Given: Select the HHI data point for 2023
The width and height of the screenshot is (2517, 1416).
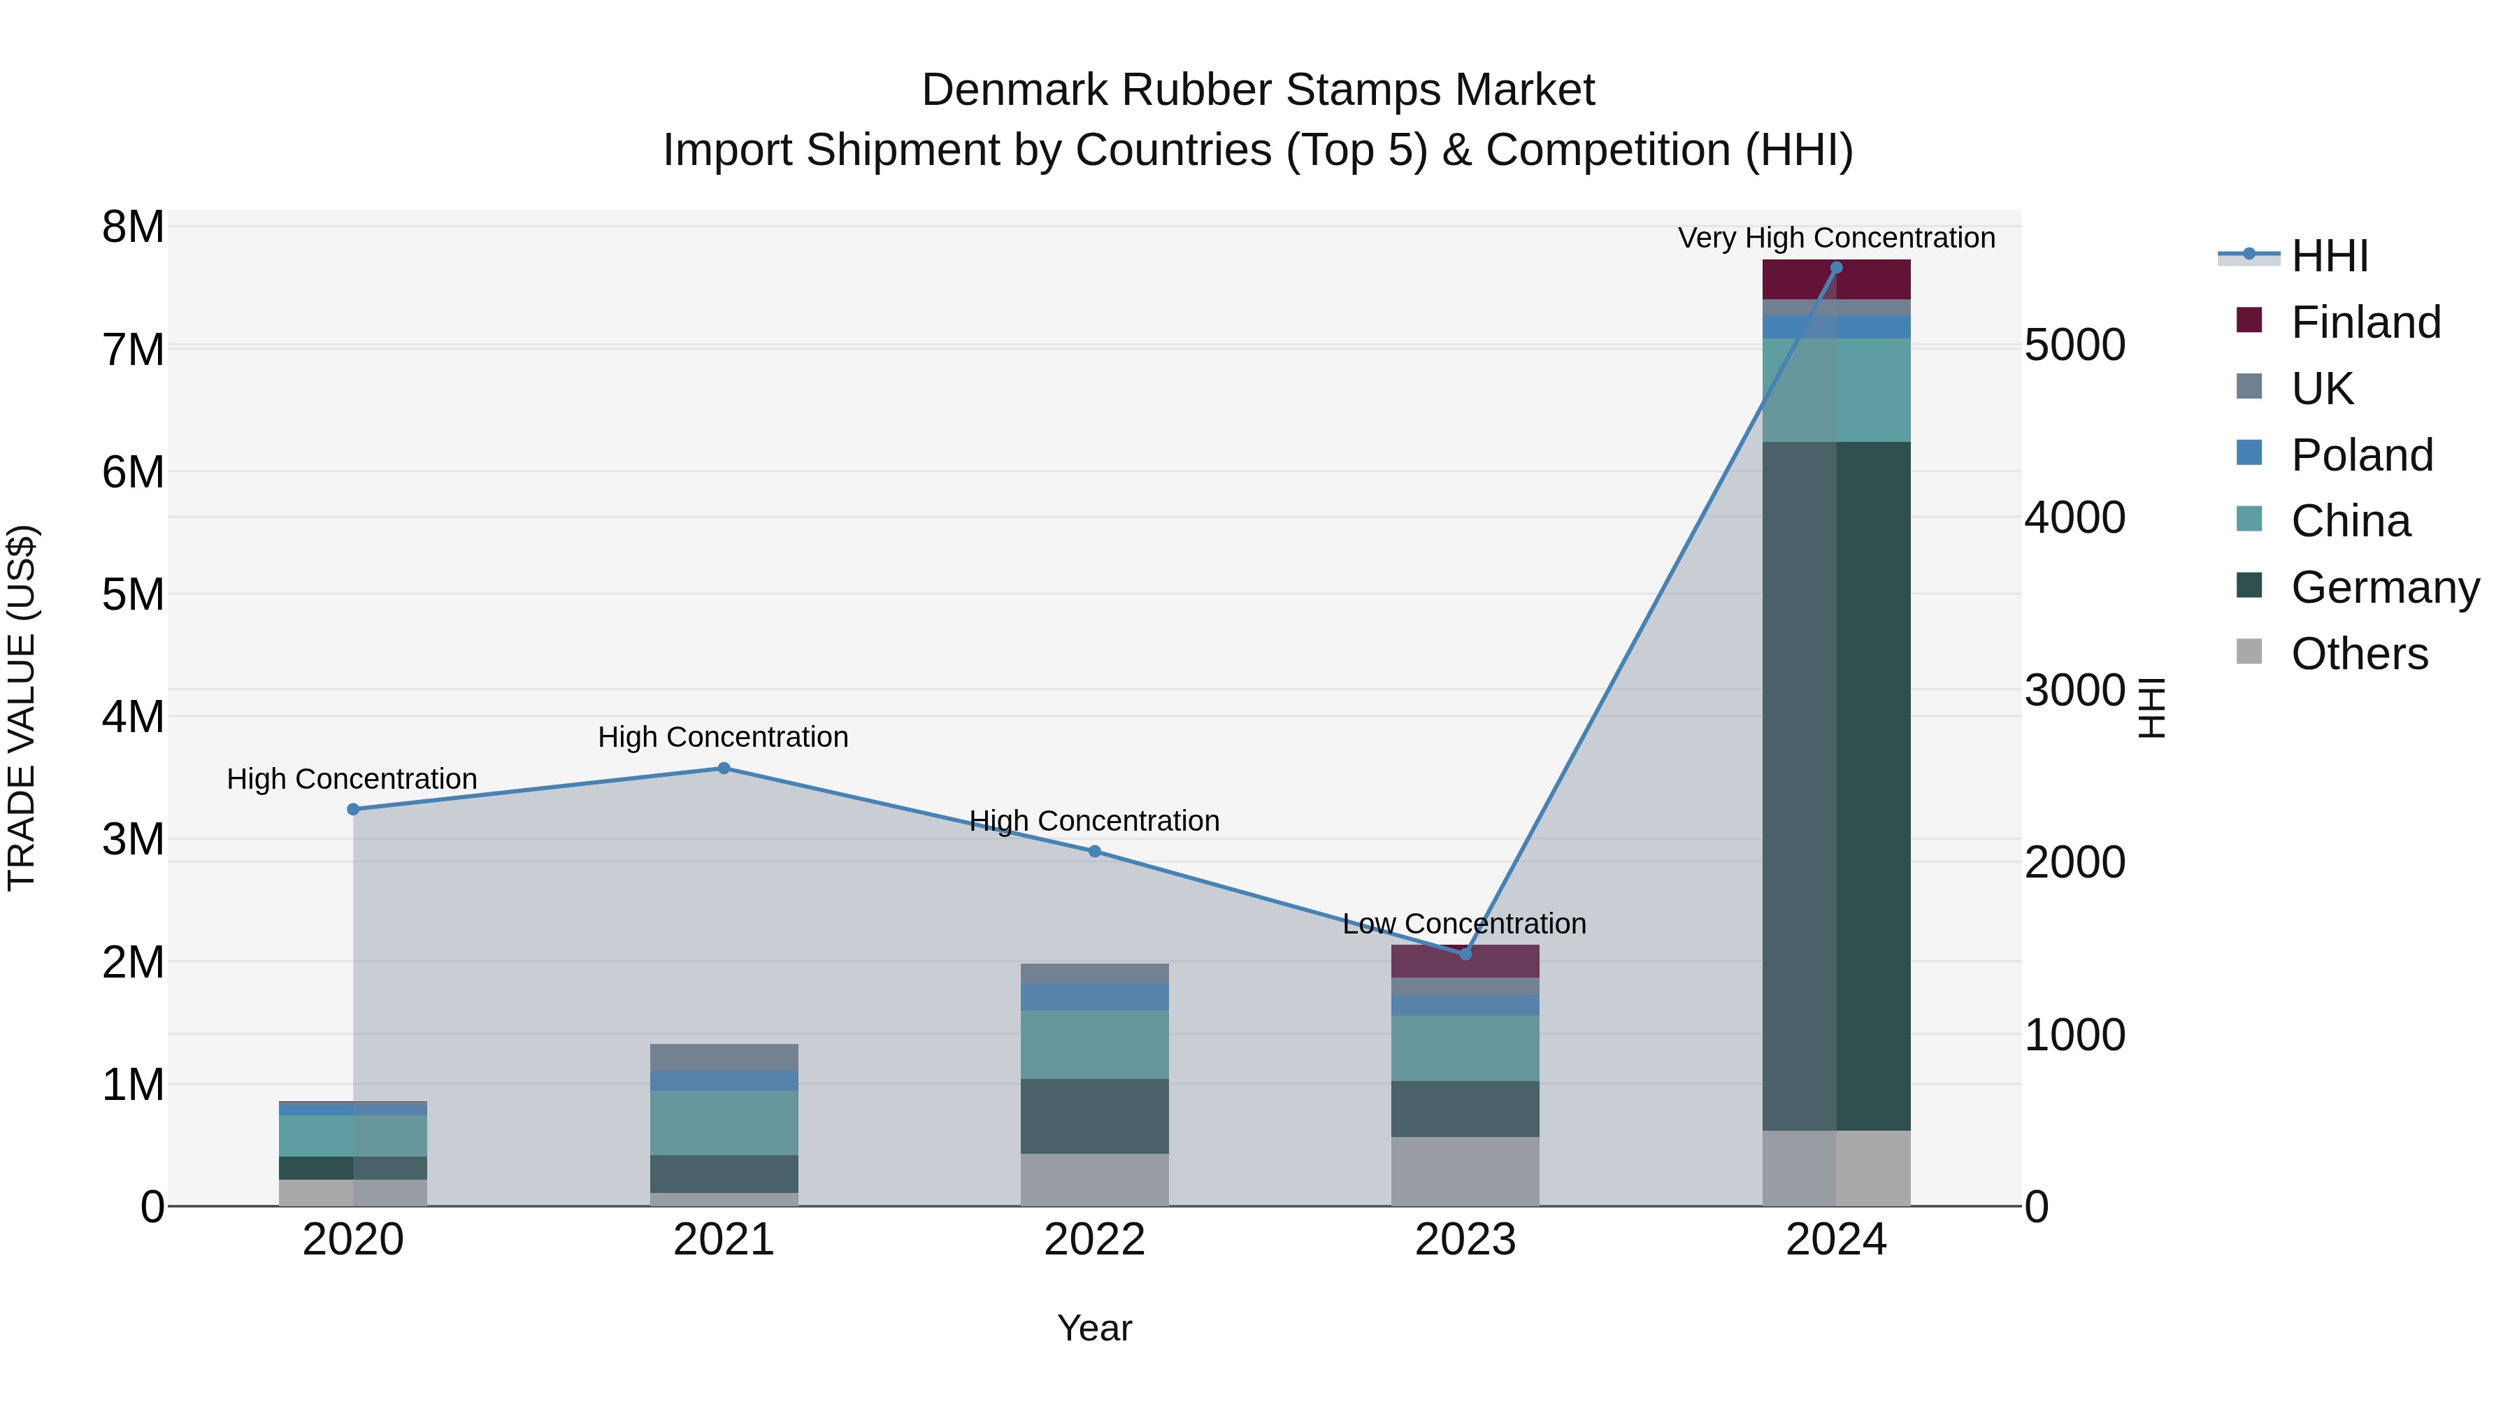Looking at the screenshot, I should coord(1465,954).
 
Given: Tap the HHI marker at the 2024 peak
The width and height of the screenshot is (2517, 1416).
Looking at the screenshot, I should coord(1836,268).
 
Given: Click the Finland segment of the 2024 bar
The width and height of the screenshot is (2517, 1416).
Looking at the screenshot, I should coord(1836,280).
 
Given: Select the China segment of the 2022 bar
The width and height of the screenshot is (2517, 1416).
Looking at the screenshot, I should coord(1094,1044).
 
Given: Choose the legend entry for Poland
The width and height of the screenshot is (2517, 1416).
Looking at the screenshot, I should coord(2362,455).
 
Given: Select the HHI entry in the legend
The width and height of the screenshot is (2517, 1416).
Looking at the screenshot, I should coord(2330,256).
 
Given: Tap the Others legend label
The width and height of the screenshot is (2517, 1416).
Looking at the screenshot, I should coord(2359,654).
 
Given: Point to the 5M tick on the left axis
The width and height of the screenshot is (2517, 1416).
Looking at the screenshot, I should coord(133,594).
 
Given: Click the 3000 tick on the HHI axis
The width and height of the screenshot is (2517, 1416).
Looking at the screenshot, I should coord(2074,690).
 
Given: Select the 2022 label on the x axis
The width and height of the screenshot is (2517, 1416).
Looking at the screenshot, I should coord(1094,1240).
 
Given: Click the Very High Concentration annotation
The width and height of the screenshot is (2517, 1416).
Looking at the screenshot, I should coord(1836,238).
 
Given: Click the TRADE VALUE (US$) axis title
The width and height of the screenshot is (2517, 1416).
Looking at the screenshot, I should coord(22,708).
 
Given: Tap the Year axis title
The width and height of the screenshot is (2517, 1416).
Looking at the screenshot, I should coord(1094,1328).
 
